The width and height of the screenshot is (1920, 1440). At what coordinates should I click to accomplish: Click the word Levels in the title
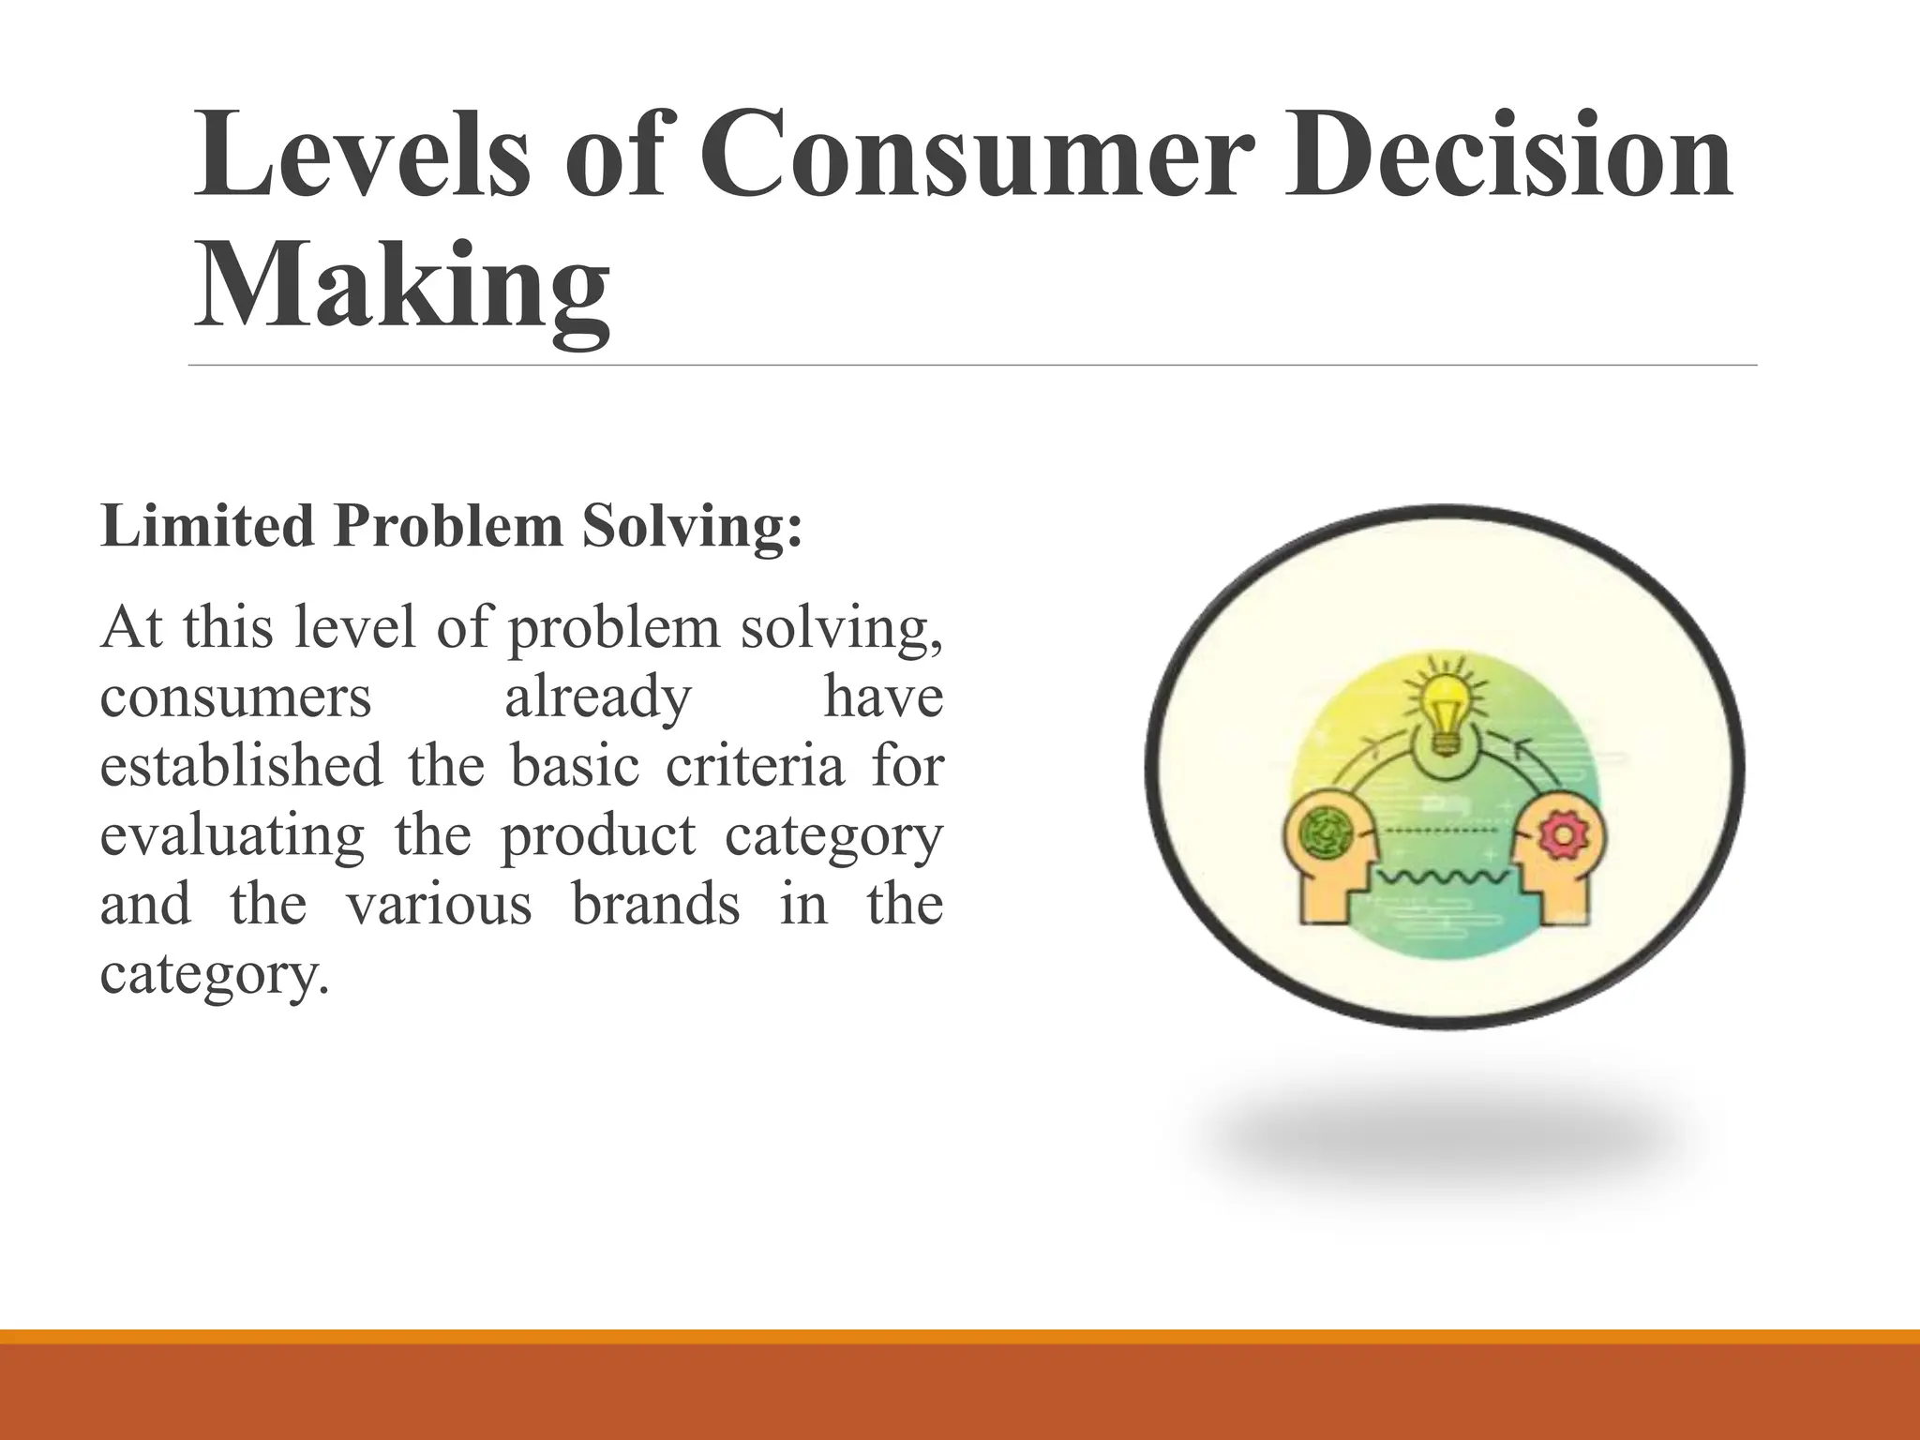point(362,155)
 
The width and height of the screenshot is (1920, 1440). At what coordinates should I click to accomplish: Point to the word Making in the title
point(403,286)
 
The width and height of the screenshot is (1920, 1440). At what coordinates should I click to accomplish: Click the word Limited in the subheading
point(207,526)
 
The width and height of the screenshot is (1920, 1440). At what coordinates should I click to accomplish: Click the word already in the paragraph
point(598,697)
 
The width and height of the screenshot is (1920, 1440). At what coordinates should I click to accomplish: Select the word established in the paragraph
point(241,766)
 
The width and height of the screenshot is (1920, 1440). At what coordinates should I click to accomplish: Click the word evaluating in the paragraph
point(232,835)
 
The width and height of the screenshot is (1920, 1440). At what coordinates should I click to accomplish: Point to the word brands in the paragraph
point(656,905)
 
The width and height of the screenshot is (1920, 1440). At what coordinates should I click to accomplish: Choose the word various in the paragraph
point(439,905)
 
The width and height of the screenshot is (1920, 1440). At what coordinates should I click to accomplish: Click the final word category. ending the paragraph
point(215,974)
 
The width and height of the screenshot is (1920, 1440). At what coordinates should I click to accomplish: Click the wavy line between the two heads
point(1445,877)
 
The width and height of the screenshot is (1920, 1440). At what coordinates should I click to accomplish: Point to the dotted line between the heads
point(1445,831)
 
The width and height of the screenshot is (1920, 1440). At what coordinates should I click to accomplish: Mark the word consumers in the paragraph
point(235,697)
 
